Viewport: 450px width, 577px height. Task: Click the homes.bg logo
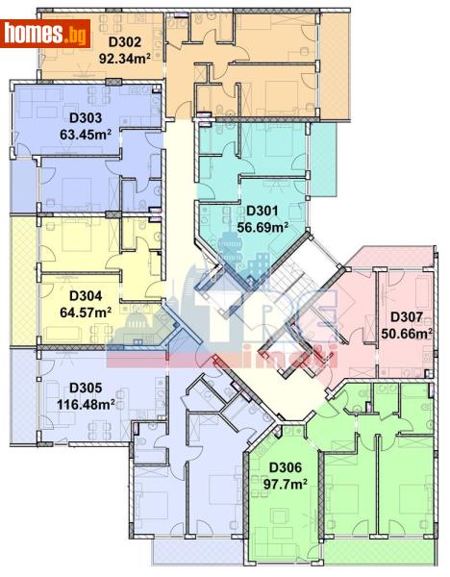[x=45, y=34]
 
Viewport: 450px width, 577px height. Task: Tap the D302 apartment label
[x=124, y=42]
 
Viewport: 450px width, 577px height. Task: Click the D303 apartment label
[x=87, y=119]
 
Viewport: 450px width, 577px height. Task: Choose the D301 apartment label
[x=262, y=213]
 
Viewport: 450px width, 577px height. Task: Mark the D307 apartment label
[x=407, y=318]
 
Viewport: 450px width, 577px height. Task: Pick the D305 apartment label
[x=86, y=389]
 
